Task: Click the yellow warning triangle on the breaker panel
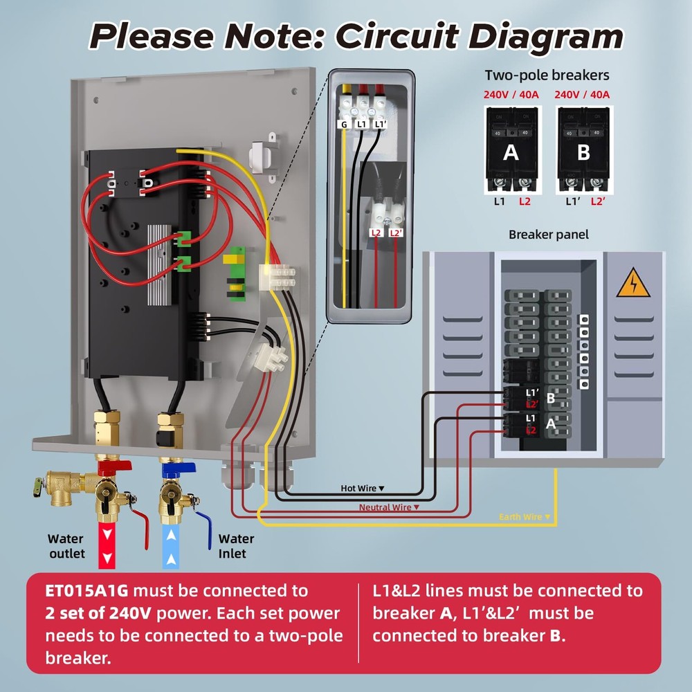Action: tap(633, 283)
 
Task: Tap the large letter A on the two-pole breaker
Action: tap(511, 152)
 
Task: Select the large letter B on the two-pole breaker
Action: tap(583, 152)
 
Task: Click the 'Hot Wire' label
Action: tap(358, 489)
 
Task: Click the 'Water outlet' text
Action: tap(66, 545)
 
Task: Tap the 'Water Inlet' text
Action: tap(236, 545)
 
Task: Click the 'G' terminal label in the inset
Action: tap(343, 125)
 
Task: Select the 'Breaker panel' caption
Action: tap(548, 235)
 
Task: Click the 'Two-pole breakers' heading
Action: tap(547, 75)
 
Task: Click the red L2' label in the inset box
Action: tap(396, 233)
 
